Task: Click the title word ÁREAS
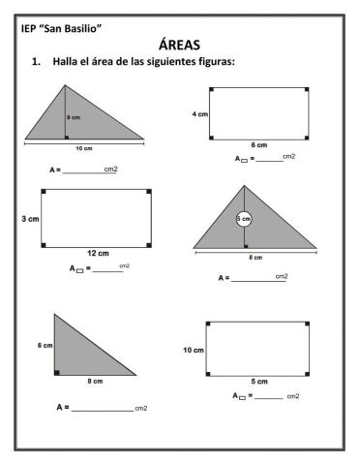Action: [x=179, y=45]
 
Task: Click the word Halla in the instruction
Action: [x=67, y=63]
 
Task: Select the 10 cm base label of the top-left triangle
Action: [x=84, y=148]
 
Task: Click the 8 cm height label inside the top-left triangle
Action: [x=74, y=117]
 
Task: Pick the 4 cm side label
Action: [x=199, y=114]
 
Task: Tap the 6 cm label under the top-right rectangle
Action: [x=260, y=144]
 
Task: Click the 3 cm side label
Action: [x=31, y=220]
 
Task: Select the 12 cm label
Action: [x=97, y=253]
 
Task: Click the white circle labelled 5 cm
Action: [x=244, y=219]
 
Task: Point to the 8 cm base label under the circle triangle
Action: [x=256, y=258]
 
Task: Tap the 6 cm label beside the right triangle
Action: [x=45, y=345]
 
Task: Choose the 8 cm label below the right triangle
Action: [x=95, y=382]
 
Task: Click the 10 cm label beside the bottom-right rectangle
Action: [x=193, y=349]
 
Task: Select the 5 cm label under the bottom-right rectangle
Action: [x=259, y=381]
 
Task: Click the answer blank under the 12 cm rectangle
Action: [x=107, y=270]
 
